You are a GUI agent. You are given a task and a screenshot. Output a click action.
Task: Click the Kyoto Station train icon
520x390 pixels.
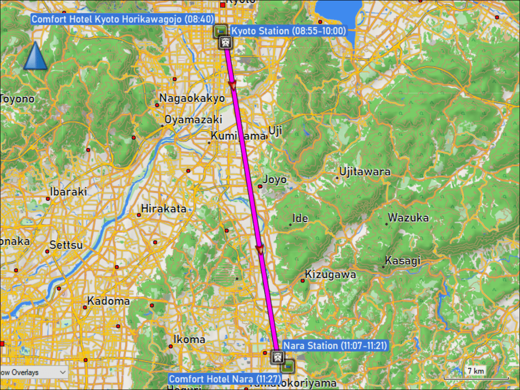225,42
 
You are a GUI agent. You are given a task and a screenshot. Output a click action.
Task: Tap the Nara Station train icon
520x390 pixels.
277,357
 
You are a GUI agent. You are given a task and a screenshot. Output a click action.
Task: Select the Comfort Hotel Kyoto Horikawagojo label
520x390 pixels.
123,19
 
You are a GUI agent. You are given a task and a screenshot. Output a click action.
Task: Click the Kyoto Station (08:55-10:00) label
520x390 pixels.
288,31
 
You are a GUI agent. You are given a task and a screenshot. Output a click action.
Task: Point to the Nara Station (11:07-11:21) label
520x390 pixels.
335,345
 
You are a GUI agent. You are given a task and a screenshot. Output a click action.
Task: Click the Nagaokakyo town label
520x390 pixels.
192,98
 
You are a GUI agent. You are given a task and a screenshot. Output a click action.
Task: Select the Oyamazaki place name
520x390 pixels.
193,120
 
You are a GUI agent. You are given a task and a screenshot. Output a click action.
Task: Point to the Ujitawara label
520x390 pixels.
365,172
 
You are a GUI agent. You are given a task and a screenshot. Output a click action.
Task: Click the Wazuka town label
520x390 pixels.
408,218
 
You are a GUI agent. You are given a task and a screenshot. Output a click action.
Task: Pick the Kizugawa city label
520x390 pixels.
330,274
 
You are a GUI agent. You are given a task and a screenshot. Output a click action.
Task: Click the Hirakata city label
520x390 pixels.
164,209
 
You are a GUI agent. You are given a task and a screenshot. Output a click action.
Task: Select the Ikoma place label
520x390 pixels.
189,339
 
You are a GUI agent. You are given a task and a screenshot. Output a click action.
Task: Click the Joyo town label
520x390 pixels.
275,179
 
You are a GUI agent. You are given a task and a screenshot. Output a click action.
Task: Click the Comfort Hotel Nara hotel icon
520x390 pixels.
287,366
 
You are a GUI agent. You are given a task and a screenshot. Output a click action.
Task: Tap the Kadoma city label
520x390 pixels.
108,301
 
